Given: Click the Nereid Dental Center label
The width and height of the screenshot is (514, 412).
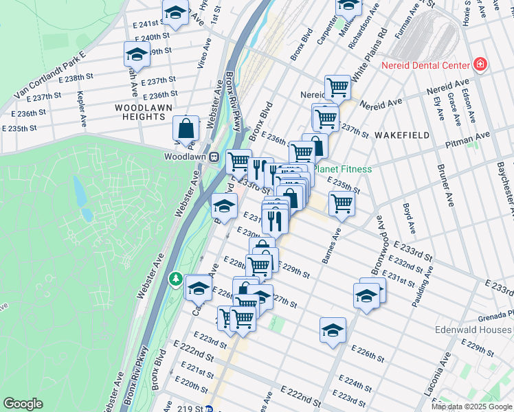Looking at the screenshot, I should (x=425, y=65).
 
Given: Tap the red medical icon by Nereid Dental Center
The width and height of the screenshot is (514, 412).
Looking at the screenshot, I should (x=480, y=65).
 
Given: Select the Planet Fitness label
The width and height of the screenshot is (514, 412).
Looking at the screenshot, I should (x=342, y=169).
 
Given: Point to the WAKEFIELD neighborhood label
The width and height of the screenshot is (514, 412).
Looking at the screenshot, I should (x=402, y=135).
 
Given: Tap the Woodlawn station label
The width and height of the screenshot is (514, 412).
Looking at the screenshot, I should (x=186, y=157).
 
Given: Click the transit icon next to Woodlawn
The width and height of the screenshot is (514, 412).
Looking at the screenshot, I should (x=214, y=157).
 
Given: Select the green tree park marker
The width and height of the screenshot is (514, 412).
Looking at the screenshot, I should (x=176, y=279).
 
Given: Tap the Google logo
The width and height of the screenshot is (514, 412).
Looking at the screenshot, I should (x=23, y=404).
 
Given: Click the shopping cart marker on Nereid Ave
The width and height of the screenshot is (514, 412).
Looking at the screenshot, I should (x=337, y=87).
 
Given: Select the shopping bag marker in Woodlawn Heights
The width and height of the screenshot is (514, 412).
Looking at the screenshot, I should (x=186, y=128).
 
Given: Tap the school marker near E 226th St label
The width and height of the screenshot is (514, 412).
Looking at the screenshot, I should (x=333, y=330).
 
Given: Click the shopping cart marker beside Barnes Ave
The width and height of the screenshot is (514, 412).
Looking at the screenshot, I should (x=342, y=203).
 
